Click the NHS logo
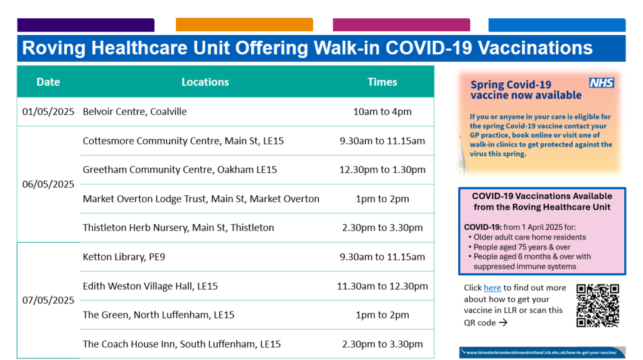point(602,83)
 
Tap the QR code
point(598,305)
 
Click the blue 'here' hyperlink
point(492,288)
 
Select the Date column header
point(48,82)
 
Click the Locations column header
point(205,82)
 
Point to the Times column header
point(382,82)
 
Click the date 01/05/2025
point(48,112)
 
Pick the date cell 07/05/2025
point(48,300)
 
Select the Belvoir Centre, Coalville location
point(134,112)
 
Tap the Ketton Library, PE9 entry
point(124,257)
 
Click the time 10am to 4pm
point(382,112)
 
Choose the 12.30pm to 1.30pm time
point(382,170)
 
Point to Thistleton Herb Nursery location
point(178,228)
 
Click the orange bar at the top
point(244,25)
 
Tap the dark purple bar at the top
point(85,25)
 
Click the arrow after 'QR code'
point(503,323)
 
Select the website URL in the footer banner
point(541,352)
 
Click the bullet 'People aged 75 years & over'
point(522,247)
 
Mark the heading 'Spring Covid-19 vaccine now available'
point(526,90)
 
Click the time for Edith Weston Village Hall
point(382,286)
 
